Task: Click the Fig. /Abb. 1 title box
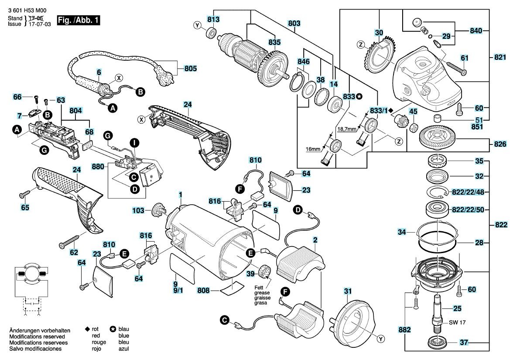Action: tap(79, 20)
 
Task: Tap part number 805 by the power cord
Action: tap(191, 69)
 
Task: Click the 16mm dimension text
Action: tap(313, 149)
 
